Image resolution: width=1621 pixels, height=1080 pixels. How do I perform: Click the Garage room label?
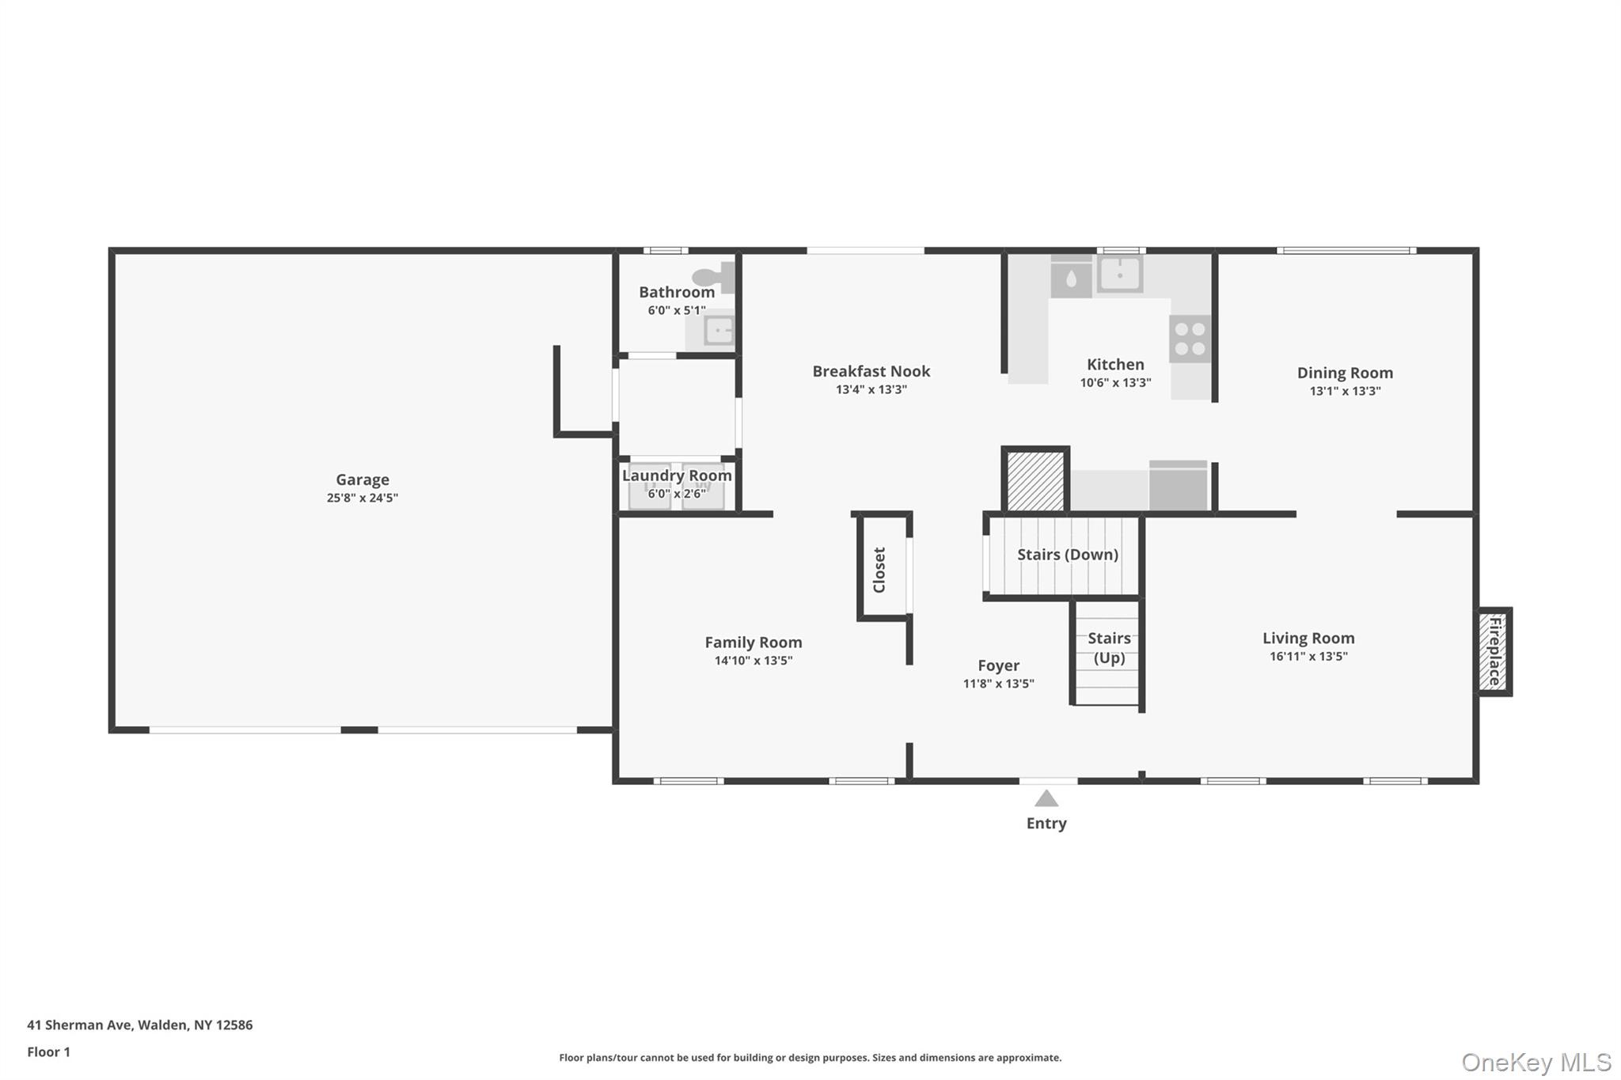pyautogui.click(x=362, y=479)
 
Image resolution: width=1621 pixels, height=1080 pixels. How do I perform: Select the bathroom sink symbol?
pyautogui.click(x=719, y=330)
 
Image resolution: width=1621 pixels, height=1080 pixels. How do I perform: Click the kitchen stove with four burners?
pyautogui.click(x=1190, y=339)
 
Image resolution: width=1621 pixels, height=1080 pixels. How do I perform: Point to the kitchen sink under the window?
pyautogui.click(x=1119, y=274)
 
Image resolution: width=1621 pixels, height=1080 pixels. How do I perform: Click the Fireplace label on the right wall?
pyautogui.click(x=1494, y=651)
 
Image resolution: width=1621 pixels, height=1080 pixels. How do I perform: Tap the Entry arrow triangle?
pyautogui.click(x=1046, y=798)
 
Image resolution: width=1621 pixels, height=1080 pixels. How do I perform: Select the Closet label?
pyautogui.click(x=879, y=570)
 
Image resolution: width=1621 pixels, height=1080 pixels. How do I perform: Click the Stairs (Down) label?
pyautogui.click(x=1067, y=555)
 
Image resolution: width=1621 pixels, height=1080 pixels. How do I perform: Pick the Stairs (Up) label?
pyautogui.click(x=1109, y=647)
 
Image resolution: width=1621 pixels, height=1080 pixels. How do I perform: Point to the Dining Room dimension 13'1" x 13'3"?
pyautogui.click(x=1344, y=391)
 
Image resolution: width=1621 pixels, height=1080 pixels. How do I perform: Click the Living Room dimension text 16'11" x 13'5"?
pyautogui.click(x=1308, y=656)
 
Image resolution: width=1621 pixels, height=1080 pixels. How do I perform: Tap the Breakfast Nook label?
pyautogui.click(x=871, y=371)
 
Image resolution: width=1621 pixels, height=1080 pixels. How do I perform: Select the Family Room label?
pyautogui.click(x=753, y=642)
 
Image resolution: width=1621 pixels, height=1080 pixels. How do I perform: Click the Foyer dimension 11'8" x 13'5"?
pyautogui.click(x=997, y=684)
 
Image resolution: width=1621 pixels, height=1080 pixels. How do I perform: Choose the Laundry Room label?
pyautogui.click(x=676, y=476)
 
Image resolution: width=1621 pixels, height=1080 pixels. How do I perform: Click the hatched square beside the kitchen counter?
pyautogui.click(x=1034, y=481)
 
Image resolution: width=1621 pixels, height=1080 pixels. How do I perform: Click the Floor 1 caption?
pyautogui.click(x=48, y=1052)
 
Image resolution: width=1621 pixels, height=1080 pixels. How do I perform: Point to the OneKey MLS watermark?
pyautogui.click(x=1536, y=1062)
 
